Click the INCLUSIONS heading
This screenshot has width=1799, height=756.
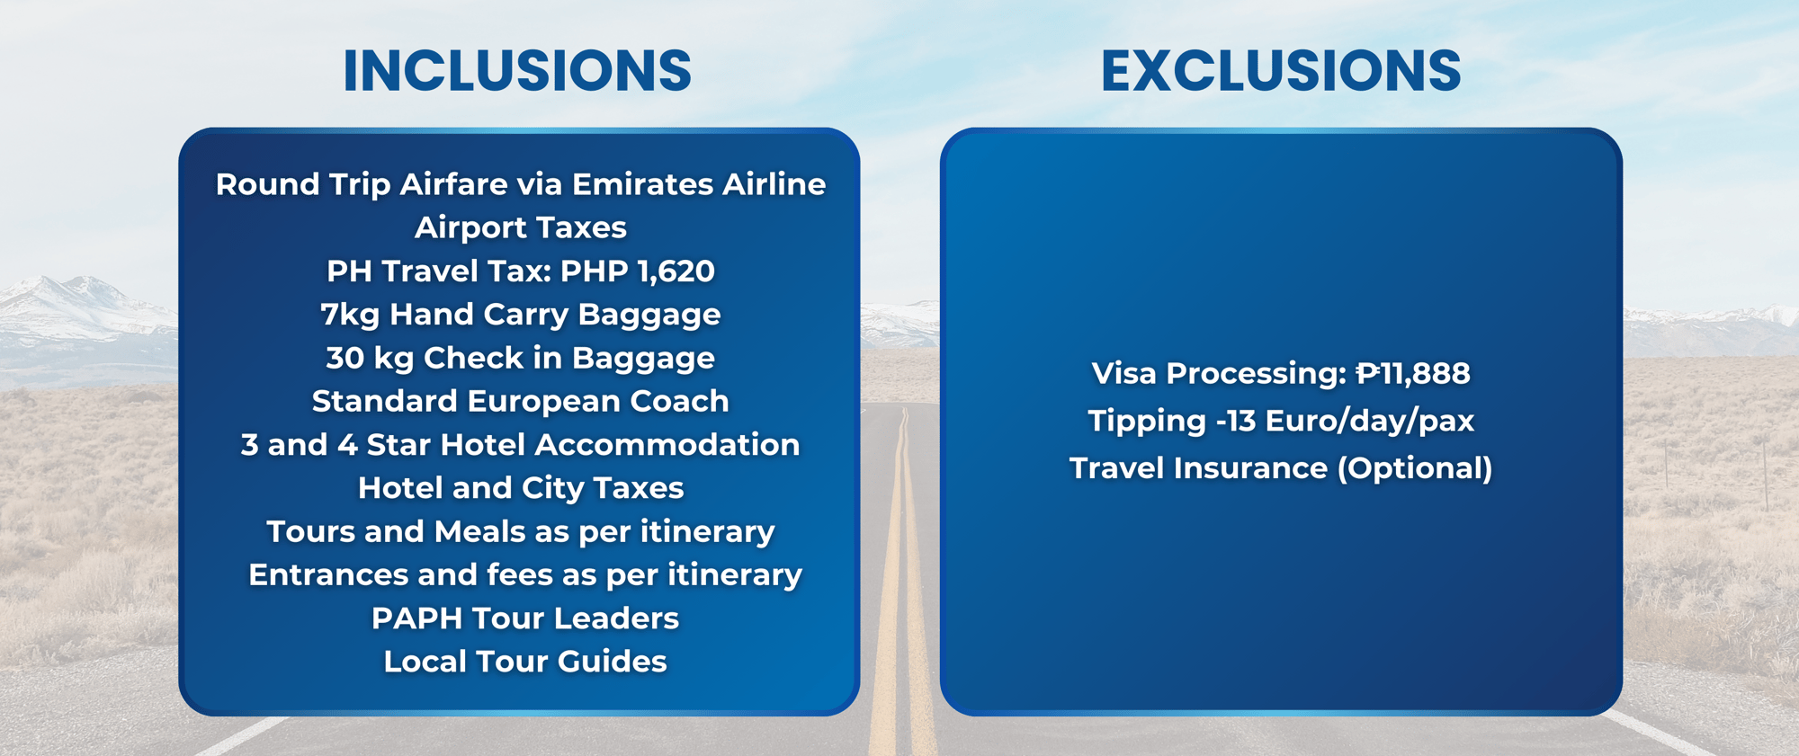tap(517, 70)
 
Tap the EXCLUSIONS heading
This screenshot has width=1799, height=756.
tap(1281, 70)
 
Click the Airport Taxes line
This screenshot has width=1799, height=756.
tap(521, 227)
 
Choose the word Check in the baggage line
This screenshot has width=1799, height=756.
tap(473, 358)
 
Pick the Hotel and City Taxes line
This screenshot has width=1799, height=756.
tap(521, 488)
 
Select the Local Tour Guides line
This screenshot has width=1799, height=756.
tap(525, 662)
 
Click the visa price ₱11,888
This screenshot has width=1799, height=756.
tap(1413, 374)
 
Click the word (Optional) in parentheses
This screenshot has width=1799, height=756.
tap(1415, 469)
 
